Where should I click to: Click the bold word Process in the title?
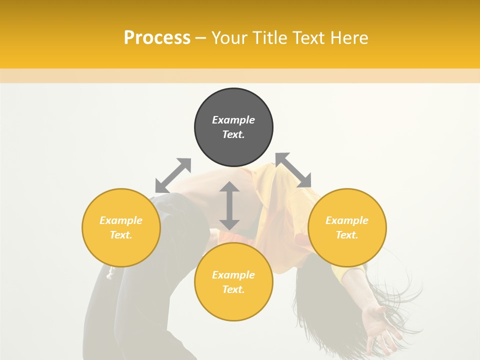[x=157, y=38]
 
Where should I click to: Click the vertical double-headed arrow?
[x=229, y=205]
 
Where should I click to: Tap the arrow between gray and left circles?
[x=173, y=175]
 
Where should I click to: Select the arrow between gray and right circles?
[x=293, y=170]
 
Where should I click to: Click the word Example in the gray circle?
[x=233, y=120]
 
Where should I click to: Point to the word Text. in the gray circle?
[x=233, y=134]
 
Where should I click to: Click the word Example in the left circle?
[x=121, y=220]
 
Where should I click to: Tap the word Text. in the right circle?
[x=347, y=235]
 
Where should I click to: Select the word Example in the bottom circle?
[x=233, y=275]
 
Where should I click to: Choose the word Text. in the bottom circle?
[x=233, y=289]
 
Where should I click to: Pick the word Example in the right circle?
[x=347, y=220]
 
